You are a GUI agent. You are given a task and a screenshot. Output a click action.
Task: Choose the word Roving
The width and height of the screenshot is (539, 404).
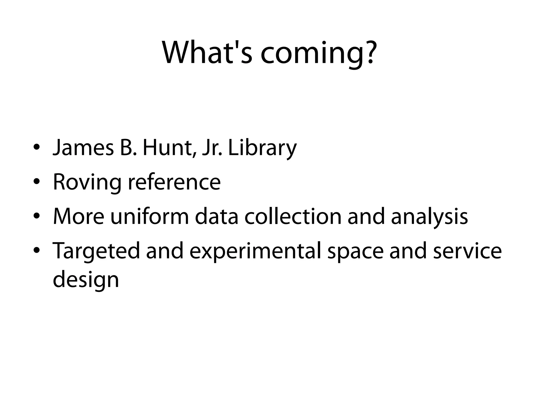pyautogui.click(x=87, y=183)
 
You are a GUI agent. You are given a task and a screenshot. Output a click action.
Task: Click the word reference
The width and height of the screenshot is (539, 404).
pyautogui.click(x=174, y=183)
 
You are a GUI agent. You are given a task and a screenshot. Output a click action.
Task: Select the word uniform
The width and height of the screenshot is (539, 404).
pyautogui.click(x=149, y=217)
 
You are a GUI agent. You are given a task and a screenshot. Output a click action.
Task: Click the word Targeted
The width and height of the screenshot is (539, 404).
pyautogui.click(x=96, y=251)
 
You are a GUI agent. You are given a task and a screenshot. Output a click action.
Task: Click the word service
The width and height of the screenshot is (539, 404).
pyautogui.click(x=467, y=251)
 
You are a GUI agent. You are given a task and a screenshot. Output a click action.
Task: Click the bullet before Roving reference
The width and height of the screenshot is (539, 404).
pyautogui.click(x=37, y=181)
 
